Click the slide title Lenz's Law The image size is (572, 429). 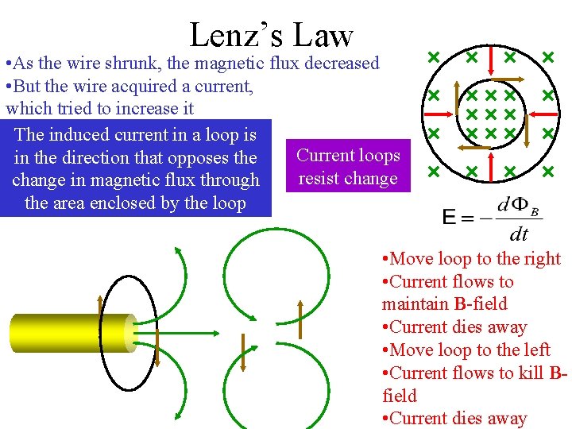coord(271,34)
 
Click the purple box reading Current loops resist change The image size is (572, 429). coord(347,167)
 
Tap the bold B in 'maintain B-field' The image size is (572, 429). coord(460,304)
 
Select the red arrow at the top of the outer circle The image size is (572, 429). coord(490,58)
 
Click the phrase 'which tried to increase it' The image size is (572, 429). coord(99,108)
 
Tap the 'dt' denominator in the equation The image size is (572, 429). coord(518,234)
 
